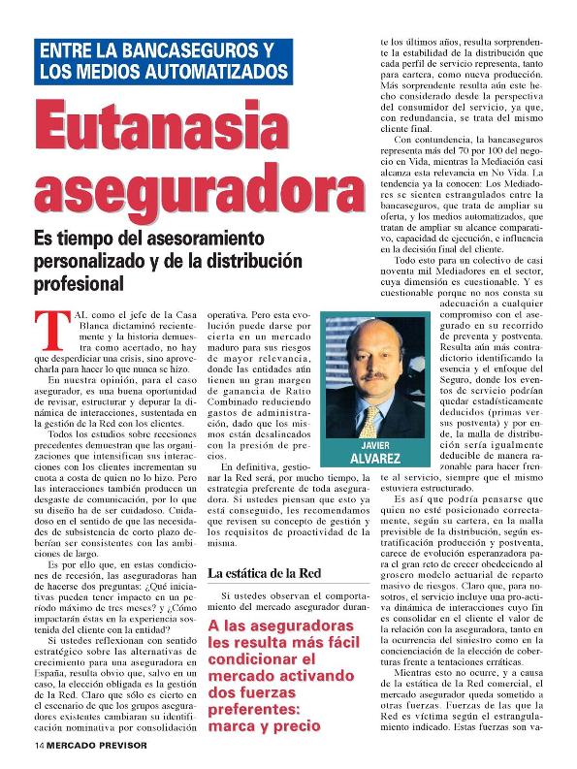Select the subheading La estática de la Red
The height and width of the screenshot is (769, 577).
pyautogui.click(x=264, y=573)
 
